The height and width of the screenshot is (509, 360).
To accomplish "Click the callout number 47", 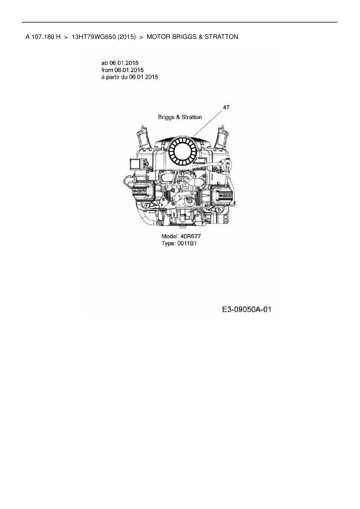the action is pyautogui.click(x=226, y=107).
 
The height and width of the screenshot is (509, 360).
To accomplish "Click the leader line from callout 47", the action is pyautogui.click(x=208, y=123).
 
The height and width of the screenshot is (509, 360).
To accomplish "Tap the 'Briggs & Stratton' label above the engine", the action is pyautogui.click(x=179, y=117).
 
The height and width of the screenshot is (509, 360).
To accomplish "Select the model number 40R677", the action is pyautogui.click(x=190, y=237).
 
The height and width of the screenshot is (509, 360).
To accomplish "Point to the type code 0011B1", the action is pyautogui.click(x=187, y=243).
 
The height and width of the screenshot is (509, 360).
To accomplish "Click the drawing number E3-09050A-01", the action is pyautogui.click(x=246, y=310).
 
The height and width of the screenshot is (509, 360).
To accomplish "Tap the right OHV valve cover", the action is pyautogui.click(x=223, y=195).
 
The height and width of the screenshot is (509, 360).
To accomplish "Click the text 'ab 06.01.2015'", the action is pyautogui.click(x=120, y=63).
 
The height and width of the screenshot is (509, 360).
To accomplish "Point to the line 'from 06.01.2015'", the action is pyautogui.click(x=122, y=70).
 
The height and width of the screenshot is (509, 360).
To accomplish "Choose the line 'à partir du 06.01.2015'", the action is pyautogui.click(x=129, y=77).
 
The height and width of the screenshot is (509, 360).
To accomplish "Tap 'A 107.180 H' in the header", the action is pyautogui.click(x=43, y=37).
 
